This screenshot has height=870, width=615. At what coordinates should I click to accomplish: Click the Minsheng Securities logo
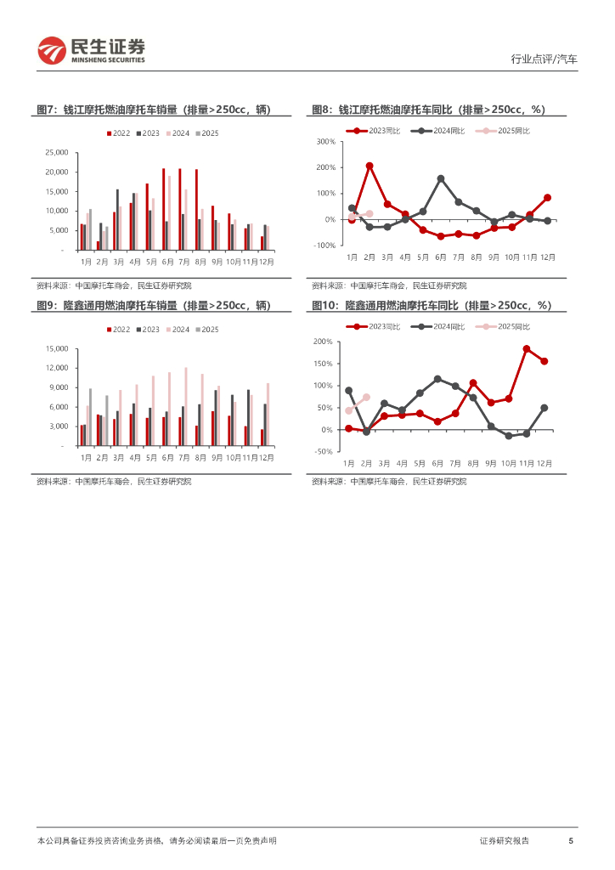click(x=92, y=50)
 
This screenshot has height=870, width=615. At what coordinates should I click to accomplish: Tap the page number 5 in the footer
click(x=571, y=840)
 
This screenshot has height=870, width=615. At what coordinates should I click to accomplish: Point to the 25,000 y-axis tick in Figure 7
click(x=55, y=153)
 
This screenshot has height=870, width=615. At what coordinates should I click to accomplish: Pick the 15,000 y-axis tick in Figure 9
click(x=55, y=348)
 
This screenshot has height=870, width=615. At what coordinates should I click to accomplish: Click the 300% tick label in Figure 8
click(x=326, y=142)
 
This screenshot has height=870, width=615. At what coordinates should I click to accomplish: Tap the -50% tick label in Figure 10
click(x=323, y=452)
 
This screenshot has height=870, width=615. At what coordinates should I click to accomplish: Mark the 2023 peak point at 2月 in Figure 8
click(x=370, y=166)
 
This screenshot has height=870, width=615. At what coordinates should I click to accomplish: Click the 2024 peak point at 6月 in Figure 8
click(x=441, y=178)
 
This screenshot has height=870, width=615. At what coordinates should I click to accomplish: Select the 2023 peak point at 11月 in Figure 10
click(x=527, y=348)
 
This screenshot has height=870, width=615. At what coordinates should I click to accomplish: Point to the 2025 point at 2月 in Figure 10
click(x=367, y=397)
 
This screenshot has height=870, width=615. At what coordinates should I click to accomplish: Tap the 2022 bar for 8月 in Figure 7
click(x=196, y=210)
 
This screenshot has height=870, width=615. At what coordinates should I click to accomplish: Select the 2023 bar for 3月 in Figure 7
click(x=117, y=219)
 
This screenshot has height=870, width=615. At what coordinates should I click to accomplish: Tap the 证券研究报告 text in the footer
click(x=505, y=840)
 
